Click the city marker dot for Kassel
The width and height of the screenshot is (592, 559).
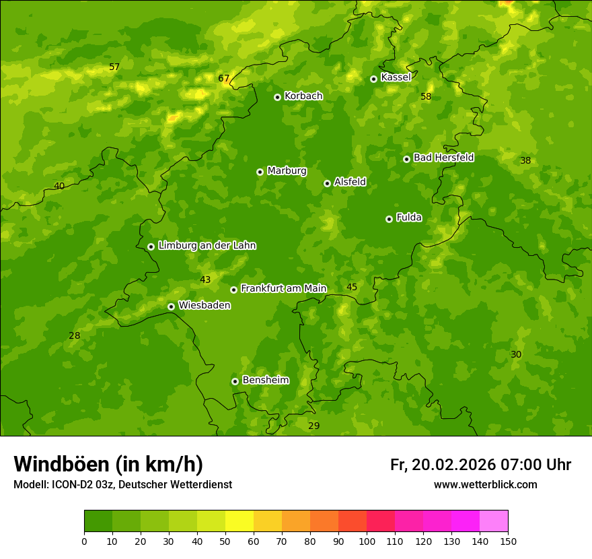point(373,79)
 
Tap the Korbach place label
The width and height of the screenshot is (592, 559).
point(303,96)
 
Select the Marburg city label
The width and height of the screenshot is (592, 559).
point(287,171)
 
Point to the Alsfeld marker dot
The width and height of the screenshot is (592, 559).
point(327,183)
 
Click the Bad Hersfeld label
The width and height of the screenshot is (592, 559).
point(443,158)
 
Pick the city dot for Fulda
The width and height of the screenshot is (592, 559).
point(389,219)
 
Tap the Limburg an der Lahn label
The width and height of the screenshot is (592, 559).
point(207,246)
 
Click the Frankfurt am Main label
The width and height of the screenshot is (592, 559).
point(283,289)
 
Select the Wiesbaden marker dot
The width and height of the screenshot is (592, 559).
point(171,306)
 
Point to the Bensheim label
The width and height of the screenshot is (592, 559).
point(265,381)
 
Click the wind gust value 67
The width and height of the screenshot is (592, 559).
point(224,79)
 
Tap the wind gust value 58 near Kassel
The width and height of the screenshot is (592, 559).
point(426,97)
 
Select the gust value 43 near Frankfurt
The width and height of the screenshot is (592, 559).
point(205,280)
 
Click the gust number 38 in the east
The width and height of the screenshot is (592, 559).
point(525,161)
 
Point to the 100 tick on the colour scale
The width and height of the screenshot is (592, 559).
point(367,541)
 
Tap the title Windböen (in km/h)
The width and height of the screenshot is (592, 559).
point(108,464)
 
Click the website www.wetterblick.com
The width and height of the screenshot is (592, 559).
point(485,485)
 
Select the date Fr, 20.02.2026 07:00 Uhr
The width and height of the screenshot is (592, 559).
point(480,465)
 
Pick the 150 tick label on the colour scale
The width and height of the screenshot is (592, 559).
point(508,541)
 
